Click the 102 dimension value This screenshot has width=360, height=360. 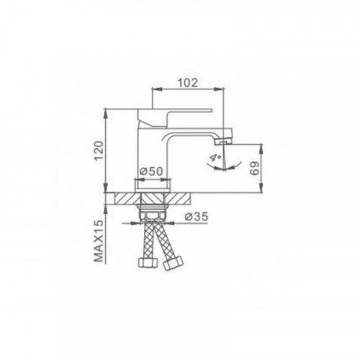[188, 83]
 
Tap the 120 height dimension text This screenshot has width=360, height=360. [99, 151]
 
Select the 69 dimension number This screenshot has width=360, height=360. [255, 168]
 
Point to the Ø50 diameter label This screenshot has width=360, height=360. [151, 171]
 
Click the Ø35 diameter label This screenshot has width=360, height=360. [196, 217]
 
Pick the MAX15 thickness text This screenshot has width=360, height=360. [99, 240]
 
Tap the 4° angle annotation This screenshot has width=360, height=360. [215, 158]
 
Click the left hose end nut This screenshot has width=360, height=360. [148, 262]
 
